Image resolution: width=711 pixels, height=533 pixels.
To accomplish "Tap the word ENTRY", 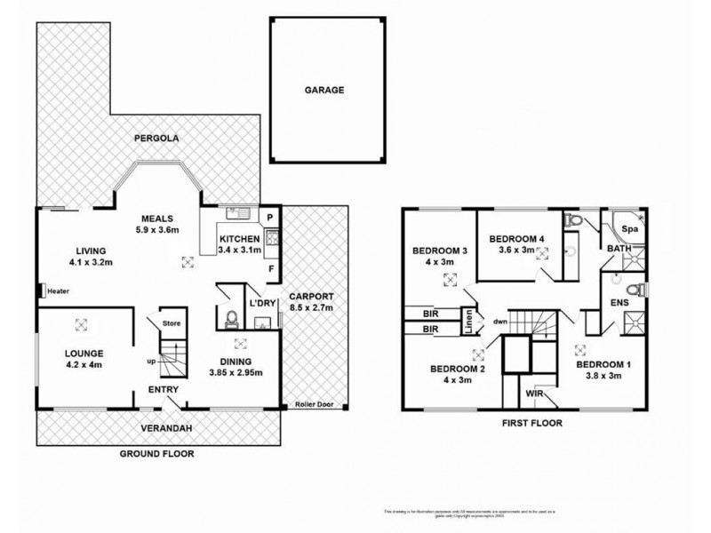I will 164,390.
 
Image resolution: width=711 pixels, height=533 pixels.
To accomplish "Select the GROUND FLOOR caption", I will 156,453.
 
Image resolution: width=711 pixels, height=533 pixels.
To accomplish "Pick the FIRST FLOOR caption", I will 533,424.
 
